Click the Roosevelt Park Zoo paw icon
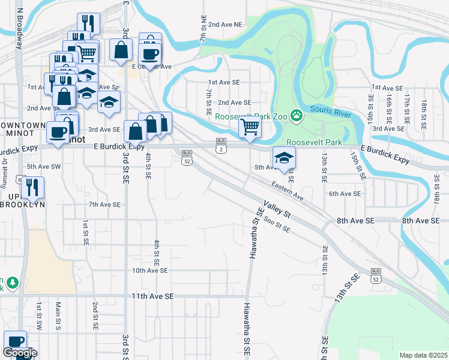pos(296,114)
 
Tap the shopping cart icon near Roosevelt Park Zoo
pos(250,127)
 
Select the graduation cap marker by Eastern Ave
pos(285,158)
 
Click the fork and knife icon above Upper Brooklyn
pos(32,188)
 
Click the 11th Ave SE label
pos(152,296)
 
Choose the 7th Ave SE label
pos(105,205)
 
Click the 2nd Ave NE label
pos(226,25)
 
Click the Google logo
pos(20,352)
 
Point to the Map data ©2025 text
pos(423,355)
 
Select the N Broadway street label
pos(20,30)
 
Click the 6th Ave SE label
pos(344,194)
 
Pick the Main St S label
pos(58,316)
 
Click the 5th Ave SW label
pos(44,166)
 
